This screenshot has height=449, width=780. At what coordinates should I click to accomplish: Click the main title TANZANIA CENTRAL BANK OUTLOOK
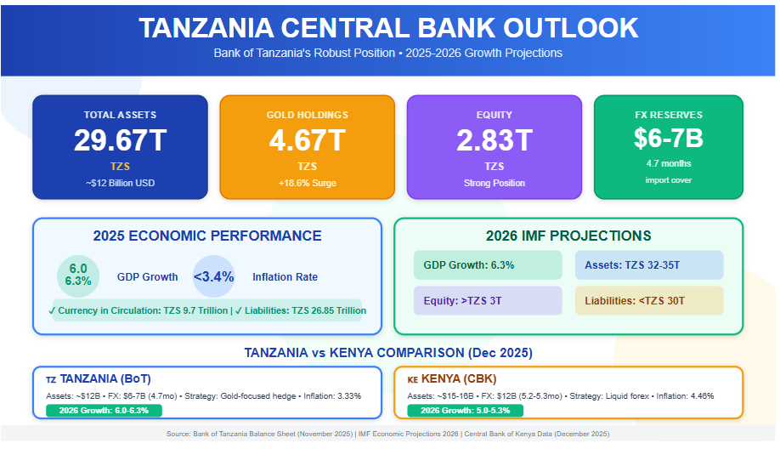pos(388,28)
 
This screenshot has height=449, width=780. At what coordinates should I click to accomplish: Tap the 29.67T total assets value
pos(120,140)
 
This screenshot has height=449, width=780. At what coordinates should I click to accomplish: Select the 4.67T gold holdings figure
pos(307,140)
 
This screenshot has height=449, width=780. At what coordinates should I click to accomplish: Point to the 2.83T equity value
pos(494,140)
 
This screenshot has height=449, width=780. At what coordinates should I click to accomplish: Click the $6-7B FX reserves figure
pos(668,138)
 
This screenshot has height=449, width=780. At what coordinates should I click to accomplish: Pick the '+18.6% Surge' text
pos(307,183)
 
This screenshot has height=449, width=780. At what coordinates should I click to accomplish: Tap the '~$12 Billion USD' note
pos(120,183)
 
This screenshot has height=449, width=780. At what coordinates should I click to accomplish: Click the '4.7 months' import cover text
pos(668,163)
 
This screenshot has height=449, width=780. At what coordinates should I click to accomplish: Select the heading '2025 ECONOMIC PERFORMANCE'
pos(207,236)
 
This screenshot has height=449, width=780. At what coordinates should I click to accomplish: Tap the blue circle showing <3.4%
pos(214,276)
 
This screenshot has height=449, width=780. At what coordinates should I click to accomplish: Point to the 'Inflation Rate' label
pos(285,276)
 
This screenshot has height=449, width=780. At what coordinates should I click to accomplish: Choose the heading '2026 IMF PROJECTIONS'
pos(568,236)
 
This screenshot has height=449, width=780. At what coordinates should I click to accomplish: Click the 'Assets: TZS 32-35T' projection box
pos(648,265)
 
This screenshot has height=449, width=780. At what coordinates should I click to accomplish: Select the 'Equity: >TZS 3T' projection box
pos(488,300)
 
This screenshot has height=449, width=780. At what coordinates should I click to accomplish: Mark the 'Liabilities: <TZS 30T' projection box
pos(648,300)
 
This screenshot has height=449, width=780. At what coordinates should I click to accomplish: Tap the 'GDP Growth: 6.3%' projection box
pos(488,265)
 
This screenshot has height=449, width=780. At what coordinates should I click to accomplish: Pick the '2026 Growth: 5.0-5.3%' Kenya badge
pos(465,411)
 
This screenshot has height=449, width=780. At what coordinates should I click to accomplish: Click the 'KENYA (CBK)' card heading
pos(451,378)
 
